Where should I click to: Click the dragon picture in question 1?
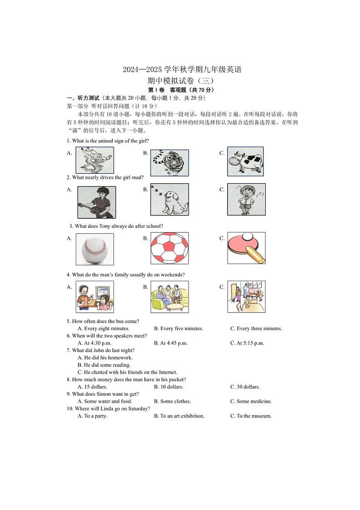point(95,160)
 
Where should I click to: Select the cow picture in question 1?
point(245,161)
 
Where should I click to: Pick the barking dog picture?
point(169,199)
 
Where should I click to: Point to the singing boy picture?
point(246,199)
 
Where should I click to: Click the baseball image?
point(94,249)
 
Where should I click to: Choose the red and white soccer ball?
point(170,248)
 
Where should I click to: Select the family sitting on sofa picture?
point(170,297)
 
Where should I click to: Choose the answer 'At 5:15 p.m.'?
point(250,343)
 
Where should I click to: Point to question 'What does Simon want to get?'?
point(105,394)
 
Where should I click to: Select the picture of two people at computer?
point(95,297)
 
